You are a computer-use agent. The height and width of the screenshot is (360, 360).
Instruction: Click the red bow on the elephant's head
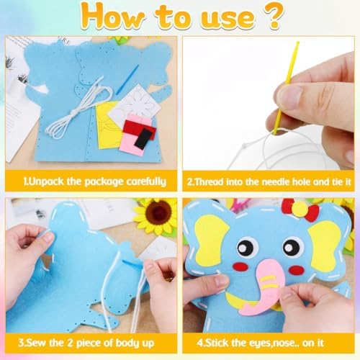tap(302, 211)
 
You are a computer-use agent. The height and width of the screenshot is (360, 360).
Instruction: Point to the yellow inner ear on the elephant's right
tap(323, 241)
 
